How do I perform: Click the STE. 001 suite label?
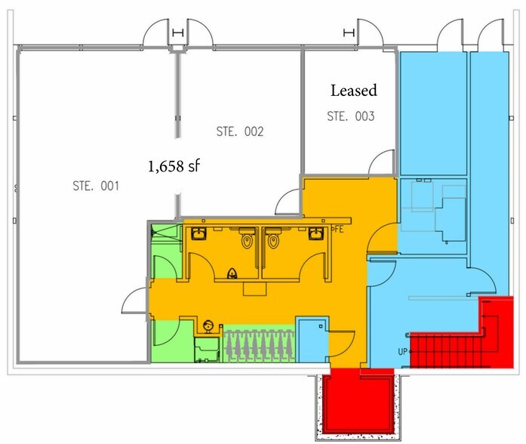pyautogui.click(x=96, y=186)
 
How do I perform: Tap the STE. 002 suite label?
pyautogui.click(x=240, y=131)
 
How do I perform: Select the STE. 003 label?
pyautogui.click(x=351, y=116)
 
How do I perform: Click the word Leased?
pyautogui.click(x=354, y=91)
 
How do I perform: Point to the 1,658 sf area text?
pyautogui.click(x=174, y=166)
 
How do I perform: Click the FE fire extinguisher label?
pyautogui.click(x=338, y=229)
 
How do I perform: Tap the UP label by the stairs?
pyautogui.click(x=402, y=352)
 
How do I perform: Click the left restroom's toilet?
pyautogui.click(x=247, y=239)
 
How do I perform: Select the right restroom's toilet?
pyautogui.click(x=273, y=239)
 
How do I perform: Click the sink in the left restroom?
pyautogui.click(x=199, y=233)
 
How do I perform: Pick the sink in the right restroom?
pyautogui.click(x=316, y=233)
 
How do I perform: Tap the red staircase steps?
pyautogui.click(x=444, y=350)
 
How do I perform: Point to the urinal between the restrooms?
pyautogui.click(x=232, y=273)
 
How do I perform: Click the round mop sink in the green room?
pyautogui.click(x=208, y=325)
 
